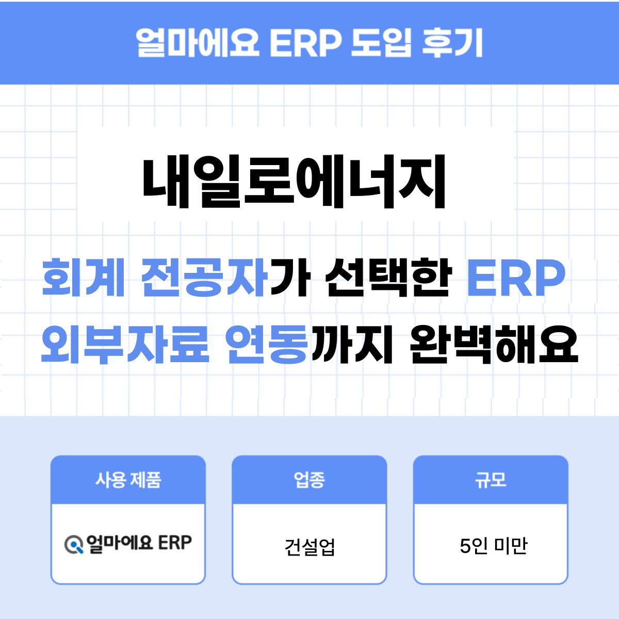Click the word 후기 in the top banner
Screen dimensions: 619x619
click(x=452, y=42)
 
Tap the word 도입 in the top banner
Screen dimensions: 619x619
click(x=381, y=42)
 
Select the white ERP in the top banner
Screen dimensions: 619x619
click(x=305, y=42)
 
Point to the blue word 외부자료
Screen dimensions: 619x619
click(x=125, y=344)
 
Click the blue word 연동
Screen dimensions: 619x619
click(x=267, y=344)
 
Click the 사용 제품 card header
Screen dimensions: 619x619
click(x=128, y=480)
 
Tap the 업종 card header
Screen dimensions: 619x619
click(x=309, y=480)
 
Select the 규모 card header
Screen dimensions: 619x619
click(x=491, y=480)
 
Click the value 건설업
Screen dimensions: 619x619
click(x=309, y=546)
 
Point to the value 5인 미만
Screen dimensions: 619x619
click(x=493, y=545)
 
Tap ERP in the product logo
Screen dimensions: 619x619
click(x=175, y=543)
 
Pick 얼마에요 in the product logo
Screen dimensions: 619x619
click(x=119, y=543)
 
